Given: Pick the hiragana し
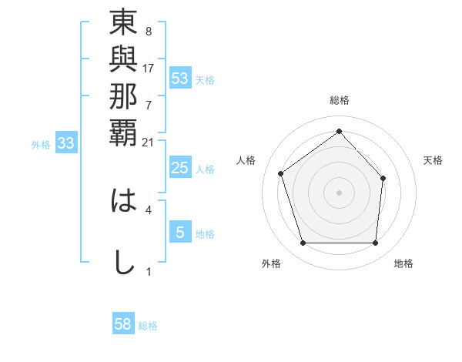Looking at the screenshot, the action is (x=123, y=262).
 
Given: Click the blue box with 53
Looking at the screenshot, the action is (x=180, y=79).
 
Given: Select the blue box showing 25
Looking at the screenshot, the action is (x=180, y=168).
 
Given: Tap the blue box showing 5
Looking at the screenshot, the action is (x=180, y=233).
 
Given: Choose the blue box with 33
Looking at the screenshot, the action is (x=66, y=142).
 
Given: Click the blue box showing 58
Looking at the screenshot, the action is (x=123, y=324).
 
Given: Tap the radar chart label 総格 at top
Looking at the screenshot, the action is (x=339, y=100).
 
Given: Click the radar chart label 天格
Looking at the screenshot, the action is (x=433, y=160).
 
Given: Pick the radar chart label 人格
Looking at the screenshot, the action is (x=246, y=160).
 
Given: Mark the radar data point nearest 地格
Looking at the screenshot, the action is (x=375, y=243).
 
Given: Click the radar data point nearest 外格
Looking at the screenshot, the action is (x=303, y=243).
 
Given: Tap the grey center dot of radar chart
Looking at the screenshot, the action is (x=339, y=192).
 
